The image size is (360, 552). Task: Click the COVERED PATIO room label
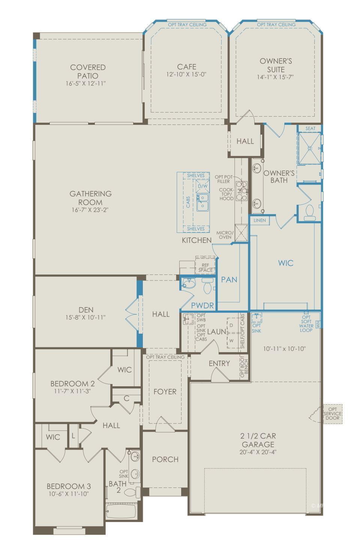(88, 71)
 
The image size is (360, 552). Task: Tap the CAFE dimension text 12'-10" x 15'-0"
(186, 74)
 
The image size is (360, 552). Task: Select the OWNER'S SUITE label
(276, 65)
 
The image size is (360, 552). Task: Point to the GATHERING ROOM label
(90, 198)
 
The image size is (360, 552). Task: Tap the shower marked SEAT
(309, 148)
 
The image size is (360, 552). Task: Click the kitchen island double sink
(202, 201)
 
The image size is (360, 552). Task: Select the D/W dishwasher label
(202, 186)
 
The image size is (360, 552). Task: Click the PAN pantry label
(229, 279)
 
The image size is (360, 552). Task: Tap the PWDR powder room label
(202, 306)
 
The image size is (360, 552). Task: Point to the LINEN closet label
(259, 220)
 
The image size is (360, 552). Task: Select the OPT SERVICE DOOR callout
(332, 413)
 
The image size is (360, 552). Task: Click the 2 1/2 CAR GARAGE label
(258, 440)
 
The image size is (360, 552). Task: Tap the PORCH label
(165, 459)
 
